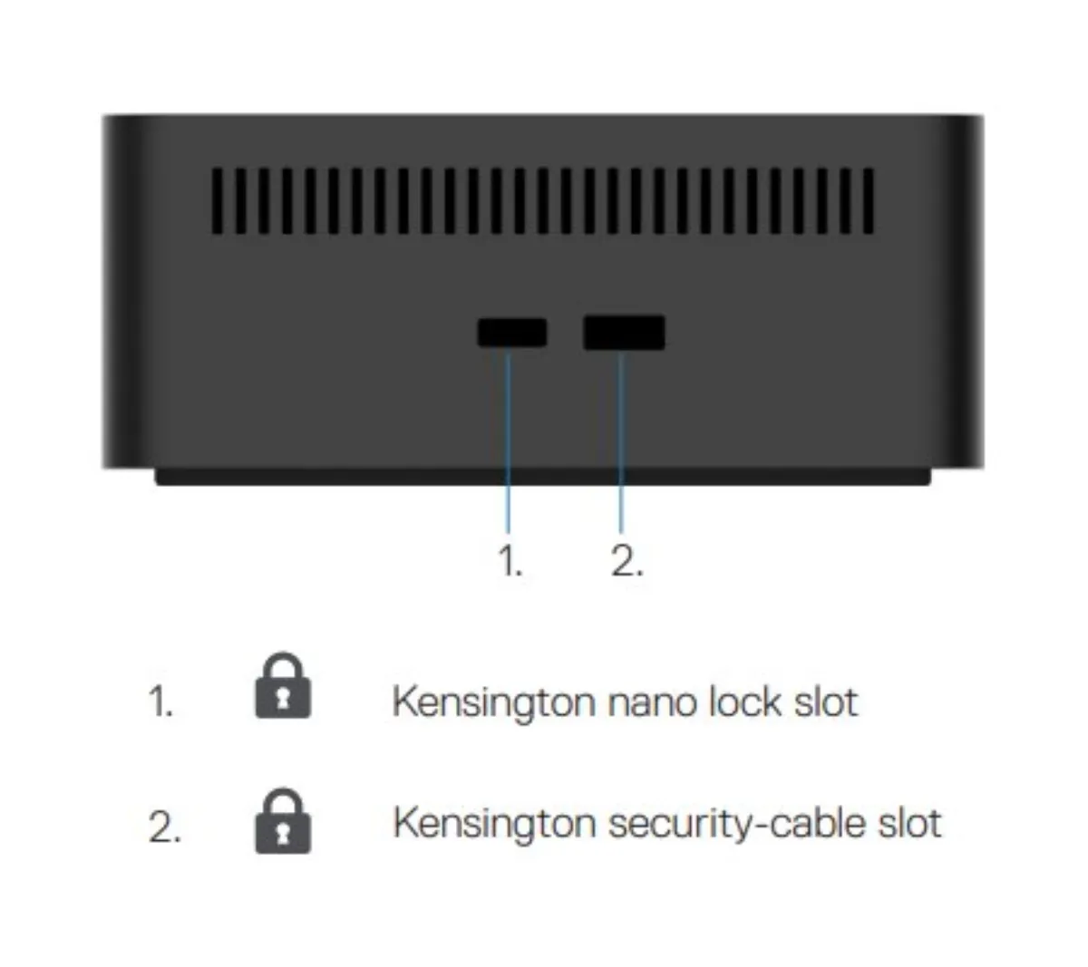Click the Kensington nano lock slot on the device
point(511,333)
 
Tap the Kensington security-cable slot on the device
point(624,333)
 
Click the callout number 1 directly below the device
point(510,561)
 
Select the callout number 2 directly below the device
point(627,561)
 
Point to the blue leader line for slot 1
point(508,440)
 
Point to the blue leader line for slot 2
point(621,441)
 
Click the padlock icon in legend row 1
point(283,685)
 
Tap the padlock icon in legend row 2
point(283,821)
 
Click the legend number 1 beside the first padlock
point(160,701)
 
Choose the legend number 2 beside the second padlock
point(164,827)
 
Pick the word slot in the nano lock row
point(825,701)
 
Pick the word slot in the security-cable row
point(909,823)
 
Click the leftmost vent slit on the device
point(217,201)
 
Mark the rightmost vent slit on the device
point(868,201)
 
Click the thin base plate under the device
point(542,477)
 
